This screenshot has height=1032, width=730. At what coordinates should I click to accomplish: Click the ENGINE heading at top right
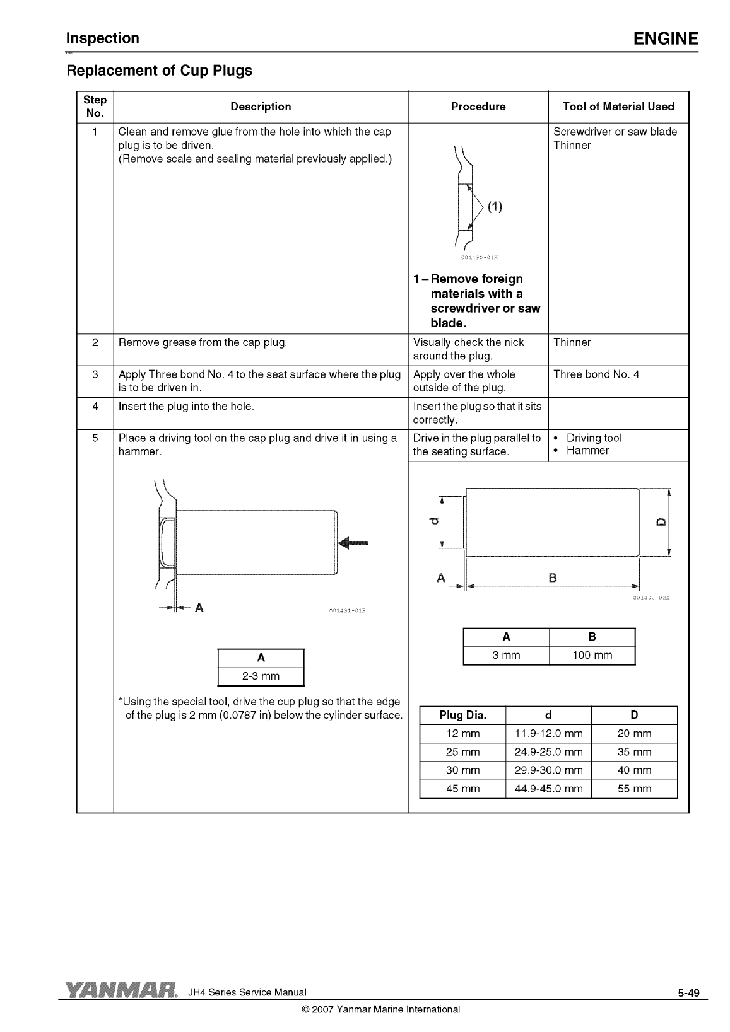[x=666, y=39]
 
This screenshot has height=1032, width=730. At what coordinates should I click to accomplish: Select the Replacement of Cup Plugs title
[x=159, y=71]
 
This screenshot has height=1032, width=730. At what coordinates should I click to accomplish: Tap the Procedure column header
[x=478, y=107]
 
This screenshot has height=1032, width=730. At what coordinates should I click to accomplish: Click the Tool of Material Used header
[x=618, y=107]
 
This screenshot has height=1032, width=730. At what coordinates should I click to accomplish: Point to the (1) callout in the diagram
[x=495, y=206]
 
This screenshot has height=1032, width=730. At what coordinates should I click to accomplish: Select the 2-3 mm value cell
[x=261, y=676]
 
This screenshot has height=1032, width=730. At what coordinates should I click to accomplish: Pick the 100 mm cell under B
[x=592, y=656]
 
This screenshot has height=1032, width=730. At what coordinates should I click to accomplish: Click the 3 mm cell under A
[x=506, y=656]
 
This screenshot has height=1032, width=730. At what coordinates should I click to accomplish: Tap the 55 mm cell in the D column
[x=634, y=789]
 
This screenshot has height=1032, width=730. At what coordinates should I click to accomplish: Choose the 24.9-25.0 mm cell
[x=548, y=752]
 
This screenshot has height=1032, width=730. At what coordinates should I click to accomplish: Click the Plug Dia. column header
[x=462, y=715]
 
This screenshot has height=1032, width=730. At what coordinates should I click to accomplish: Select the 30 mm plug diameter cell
[x=462, y=770]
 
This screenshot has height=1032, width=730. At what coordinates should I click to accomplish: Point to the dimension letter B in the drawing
[x=553, y=577]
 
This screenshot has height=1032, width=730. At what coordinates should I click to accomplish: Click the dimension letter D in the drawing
[x=661, y=521]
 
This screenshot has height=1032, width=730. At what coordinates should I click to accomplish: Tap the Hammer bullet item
[x=587, y=451]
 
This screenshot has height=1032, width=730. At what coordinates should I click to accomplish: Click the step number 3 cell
[x=95, y=374]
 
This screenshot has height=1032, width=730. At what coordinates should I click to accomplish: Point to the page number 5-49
[x=689, y=994]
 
